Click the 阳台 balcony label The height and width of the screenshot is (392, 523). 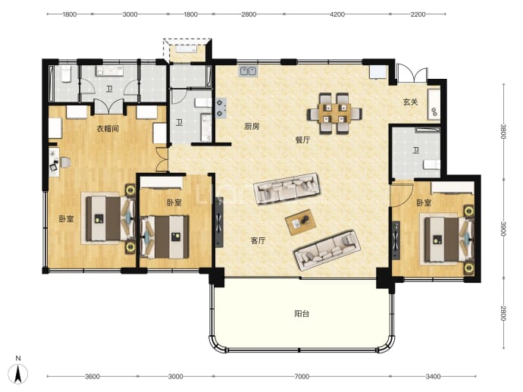coord(302,314)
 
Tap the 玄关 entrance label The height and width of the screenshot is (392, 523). coord(410,102)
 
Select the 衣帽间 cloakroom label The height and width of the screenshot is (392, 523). coord(108,129)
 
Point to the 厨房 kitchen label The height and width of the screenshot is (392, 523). coord(252,127)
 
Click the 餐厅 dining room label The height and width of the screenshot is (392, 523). coord(302,140)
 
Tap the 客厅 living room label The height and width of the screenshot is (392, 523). coord(258,240)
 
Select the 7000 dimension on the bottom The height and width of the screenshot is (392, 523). coord(301,377)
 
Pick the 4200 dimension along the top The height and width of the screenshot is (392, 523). coord(337,14)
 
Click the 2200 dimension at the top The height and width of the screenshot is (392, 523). coord(418,14)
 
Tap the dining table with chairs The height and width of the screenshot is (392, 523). coord(334,114)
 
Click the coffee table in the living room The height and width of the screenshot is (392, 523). coord(300,222)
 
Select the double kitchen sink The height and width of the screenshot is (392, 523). coord(248,71)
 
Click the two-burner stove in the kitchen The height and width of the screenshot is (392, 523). coord(221,108)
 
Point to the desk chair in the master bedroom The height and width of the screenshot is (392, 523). coord(65,162)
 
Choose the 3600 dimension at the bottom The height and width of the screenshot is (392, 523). coord(92,377)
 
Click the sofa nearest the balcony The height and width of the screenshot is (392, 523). coord(327,250)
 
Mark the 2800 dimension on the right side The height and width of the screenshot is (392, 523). coord(503,313)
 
